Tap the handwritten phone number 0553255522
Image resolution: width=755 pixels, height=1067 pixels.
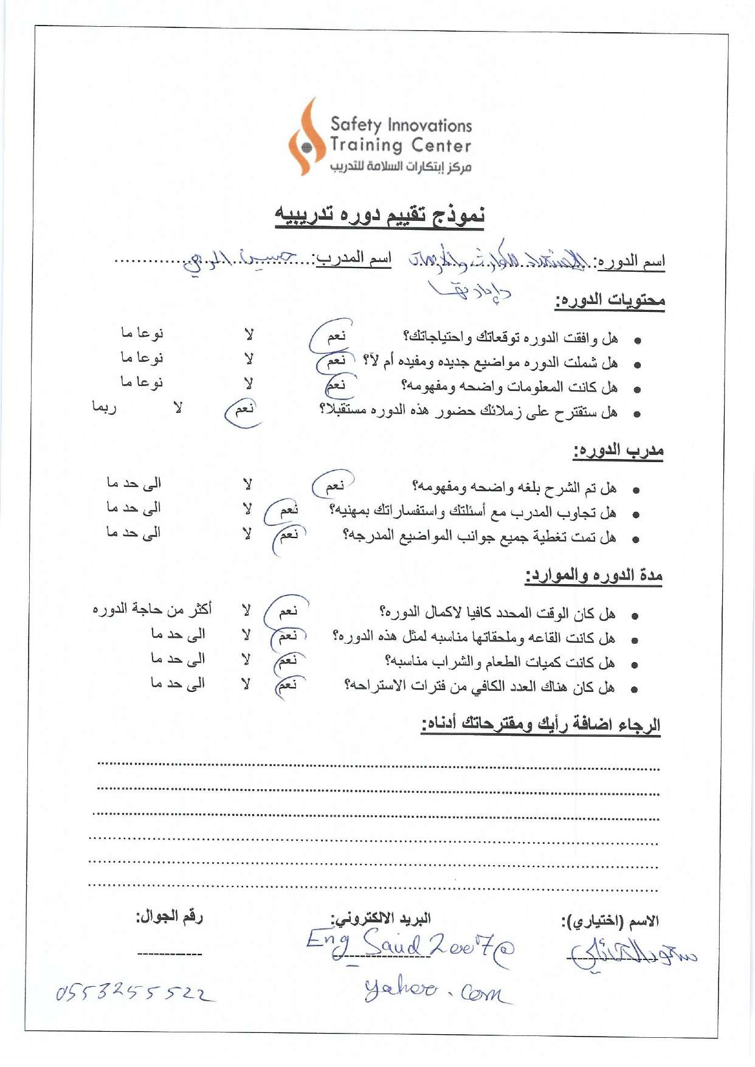[134, 993]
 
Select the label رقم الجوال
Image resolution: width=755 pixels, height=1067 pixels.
[169, 916]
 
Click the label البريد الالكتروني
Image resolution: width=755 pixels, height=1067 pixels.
[381, 918]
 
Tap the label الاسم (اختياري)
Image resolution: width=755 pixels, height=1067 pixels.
[610, 921]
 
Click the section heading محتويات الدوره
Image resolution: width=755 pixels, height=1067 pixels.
[610, 300]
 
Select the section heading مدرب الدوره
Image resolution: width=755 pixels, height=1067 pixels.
[618, 451]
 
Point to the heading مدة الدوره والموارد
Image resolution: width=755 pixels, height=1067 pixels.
[594, 575]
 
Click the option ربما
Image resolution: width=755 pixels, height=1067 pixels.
[104, 407]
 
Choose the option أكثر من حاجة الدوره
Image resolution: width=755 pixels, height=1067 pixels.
[152, 609]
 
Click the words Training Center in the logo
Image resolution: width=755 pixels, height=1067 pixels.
[401, 145]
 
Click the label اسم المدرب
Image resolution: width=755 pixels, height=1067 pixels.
[354, 258]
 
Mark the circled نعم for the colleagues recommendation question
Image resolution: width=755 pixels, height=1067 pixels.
[244, 409]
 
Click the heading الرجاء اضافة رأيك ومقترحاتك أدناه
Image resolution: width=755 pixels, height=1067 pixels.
[541, 725]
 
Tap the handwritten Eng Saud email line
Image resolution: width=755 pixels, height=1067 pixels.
[410, 946]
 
